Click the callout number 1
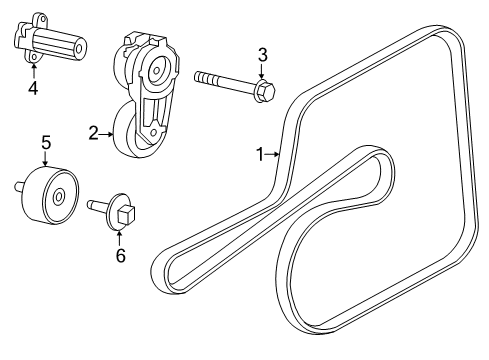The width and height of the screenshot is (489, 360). (x=259, y=153)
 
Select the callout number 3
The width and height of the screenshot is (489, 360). (x=263, y=54)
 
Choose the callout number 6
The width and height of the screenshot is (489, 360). (x=120, y=255)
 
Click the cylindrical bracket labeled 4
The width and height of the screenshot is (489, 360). (x=49, y=43)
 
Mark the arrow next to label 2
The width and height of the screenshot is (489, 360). (x=110, y=131)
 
